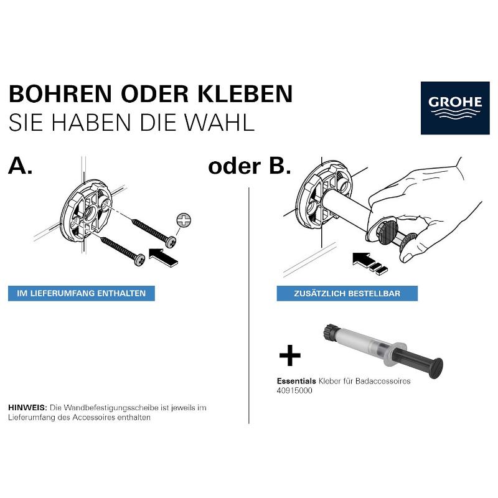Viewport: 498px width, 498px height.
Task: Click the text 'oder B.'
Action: point(249,166)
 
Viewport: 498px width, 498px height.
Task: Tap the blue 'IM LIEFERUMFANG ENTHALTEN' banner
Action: point(82,293)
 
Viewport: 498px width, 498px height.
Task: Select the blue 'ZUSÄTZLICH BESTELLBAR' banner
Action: point(347,293)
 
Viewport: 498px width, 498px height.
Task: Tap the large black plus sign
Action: point(289,356)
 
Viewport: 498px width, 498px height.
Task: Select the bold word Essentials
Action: point(296,382)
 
